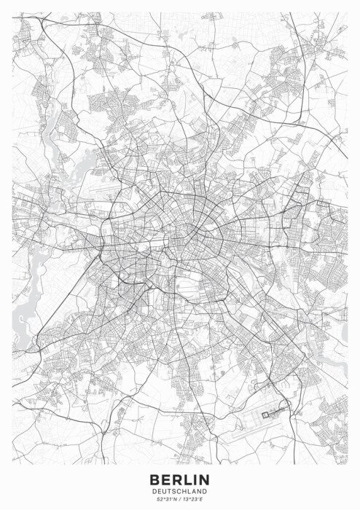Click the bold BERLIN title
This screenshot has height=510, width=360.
(x=179, y=479)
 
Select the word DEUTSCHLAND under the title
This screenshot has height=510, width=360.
(x=179, y=490)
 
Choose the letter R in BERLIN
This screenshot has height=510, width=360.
(x=176, y=479)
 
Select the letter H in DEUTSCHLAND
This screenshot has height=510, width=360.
(x=183, y=490)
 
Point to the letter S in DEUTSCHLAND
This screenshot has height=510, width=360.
(x=173, y=490)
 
